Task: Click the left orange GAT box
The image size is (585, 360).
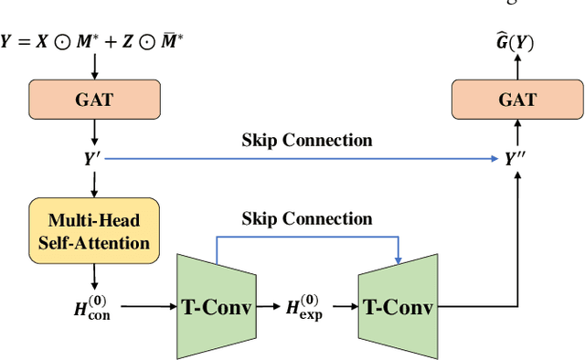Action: [x=94, y=99]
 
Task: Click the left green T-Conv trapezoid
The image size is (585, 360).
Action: [x=218, y=305]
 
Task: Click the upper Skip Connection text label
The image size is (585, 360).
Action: [x=307, y=140]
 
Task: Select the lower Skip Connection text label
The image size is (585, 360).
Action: [x=307, y=218]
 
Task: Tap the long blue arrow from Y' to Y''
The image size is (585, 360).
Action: [x=302, y=157]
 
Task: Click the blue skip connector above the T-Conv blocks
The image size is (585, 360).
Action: [x=307, y=238]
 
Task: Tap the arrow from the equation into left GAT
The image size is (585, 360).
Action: [x=94, y=67]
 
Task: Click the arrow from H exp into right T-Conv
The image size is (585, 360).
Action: [x=345, y=306]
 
